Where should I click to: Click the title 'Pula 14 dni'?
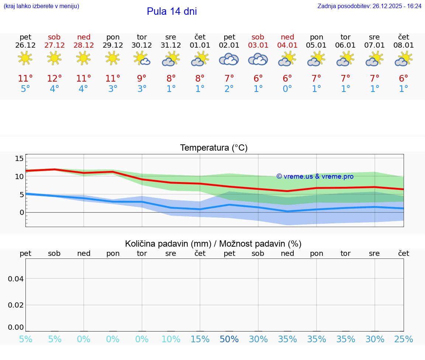172,11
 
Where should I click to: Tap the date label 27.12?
54,45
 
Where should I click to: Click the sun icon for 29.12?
113,58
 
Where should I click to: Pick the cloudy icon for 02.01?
229,59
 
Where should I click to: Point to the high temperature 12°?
54,79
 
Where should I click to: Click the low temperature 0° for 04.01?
287,89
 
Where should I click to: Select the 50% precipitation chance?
229,339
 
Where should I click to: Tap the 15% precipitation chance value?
200,339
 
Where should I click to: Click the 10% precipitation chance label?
171,339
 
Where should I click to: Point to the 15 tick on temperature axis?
19,158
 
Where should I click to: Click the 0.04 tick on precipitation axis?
16,279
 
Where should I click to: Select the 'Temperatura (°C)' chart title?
214,148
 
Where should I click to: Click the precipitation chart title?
213,244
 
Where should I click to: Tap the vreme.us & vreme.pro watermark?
315,176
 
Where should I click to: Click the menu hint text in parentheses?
41,6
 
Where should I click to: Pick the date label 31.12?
171,45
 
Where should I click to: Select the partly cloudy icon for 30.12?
142,58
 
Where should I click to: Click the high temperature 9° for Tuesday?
142,79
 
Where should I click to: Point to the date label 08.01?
404,45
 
